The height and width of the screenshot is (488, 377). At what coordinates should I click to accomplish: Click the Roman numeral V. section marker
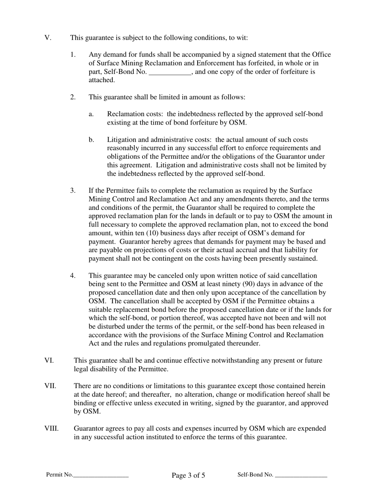coord(48,38)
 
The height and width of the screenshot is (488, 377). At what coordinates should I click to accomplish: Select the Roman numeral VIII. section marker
coord(51,428)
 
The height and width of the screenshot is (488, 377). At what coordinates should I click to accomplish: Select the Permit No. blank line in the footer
coord(101,475)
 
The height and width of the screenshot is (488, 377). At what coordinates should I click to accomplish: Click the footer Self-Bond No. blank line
coord(301,475)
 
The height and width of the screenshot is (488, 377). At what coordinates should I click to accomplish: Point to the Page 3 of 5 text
coord(188,475)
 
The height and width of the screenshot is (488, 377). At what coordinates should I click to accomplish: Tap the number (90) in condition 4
coord(250,284)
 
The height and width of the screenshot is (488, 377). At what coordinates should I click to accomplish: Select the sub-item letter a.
coord(91,114)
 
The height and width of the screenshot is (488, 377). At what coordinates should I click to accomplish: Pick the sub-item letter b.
coord(91,140)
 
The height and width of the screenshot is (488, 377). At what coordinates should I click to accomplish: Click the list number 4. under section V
coord(73,275)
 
